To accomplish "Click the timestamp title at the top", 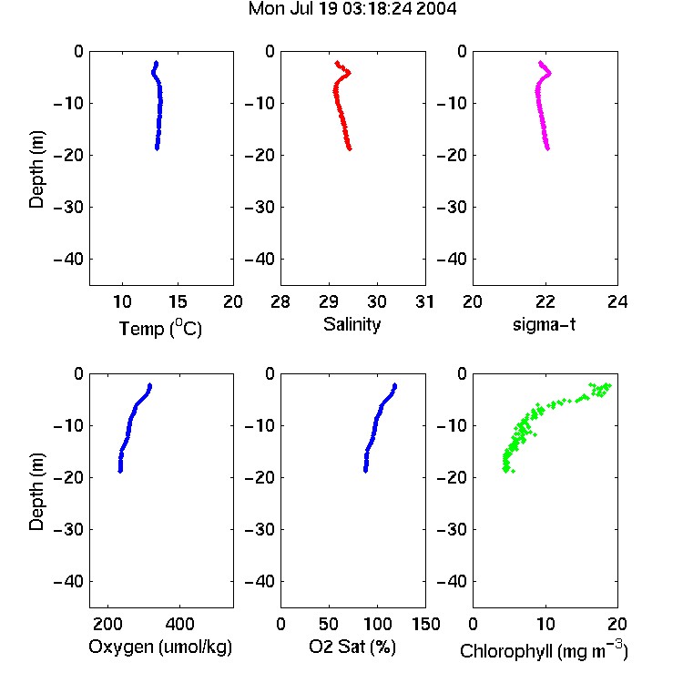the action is pyautogui.click(x=352, y=9).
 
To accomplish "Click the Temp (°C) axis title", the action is pyautogui.click(x=160, y=329).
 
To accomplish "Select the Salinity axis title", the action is pyautogui.click(x=352, y=325).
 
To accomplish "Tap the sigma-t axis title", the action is pyautogui.click(x=544, y=324).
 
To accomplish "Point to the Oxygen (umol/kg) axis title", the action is pyautogui.click(x=160, y=647).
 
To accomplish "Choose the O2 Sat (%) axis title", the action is pyautogui.click(x=352, y=647).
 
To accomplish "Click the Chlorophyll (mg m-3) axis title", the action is pyautogui.click(x=544, y=650).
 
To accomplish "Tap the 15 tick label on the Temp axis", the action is pyautogui.click(x=178, y=301).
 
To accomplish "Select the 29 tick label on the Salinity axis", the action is pyautogui.click(x=329, y=301).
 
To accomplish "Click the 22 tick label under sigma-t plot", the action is pyautogui.click(x=545, y=301).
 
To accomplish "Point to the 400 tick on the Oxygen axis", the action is pyautogui.click(x=179, y=624).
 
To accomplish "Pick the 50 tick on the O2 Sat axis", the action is pyautogui.click(x=329, y=624).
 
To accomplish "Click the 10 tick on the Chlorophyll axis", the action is pyautogui.click(x=545, y=624).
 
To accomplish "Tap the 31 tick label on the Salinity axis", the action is pyautogui.click(x=424, y=301).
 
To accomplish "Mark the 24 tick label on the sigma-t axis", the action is pyautogui.click(x=617, y=301).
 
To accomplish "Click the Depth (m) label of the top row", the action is pyautogui.click(x=36, y=169).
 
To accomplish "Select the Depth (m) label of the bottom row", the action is pyautogui.click(x=36, y=492).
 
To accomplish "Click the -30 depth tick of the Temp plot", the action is pyautogui.click(x=68, y=208).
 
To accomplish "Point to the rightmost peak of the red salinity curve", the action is pyautogui.click(x=349, y=73).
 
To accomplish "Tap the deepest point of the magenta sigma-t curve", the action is pyautogui.click(x=547, y=149).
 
